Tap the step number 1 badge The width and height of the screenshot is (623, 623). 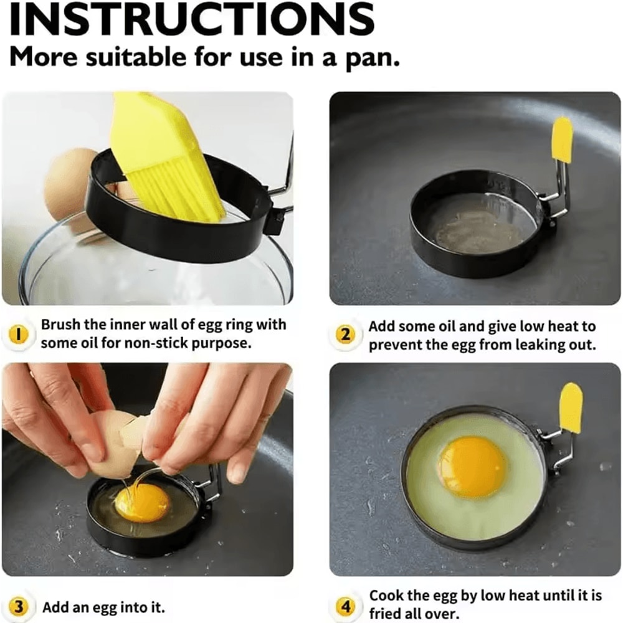(x=19, y=335)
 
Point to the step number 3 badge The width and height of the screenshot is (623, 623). (x=19, y=606)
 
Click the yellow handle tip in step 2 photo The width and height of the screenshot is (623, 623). (x=563, y=139)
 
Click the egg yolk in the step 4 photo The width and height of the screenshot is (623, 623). (x=472, y=467)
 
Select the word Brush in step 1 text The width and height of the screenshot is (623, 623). (x=59, y=325)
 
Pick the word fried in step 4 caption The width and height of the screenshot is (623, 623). (x=387, y=614)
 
